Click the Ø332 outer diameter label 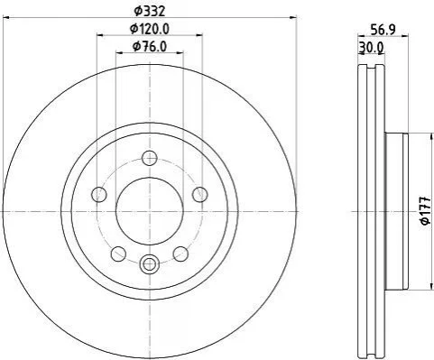(150, 12)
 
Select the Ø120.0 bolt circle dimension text (150, 29)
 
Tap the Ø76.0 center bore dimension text (150, 47)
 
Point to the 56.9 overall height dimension (383, 30)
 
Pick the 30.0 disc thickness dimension (371, 48)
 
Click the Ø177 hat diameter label (426, 211)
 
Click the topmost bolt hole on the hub (150, 158)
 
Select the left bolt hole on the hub (99, 194)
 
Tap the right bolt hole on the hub (200, 194)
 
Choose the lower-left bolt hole (118, 254)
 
